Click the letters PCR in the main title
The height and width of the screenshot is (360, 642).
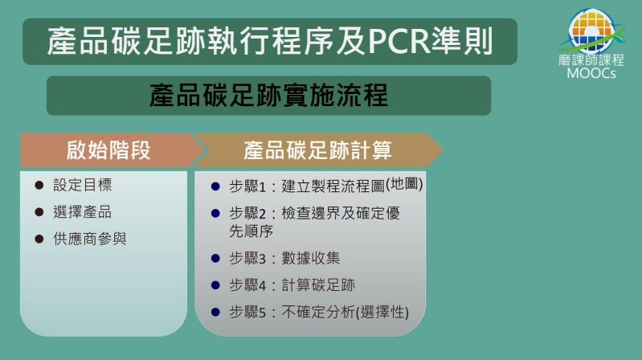click(x=399, y=41)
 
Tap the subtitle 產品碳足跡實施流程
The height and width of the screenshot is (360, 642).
click(x=268, y=95)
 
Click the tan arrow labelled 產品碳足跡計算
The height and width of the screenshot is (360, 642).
click(x=317, y=150)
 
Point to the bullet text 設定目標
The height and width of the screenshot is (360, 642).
click(x=82, y=185)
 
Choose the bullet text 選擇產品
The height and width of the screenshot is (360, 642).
click(x=82, y=212)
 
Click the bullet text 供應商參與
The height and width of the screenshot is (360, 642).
click(x=90, y=239)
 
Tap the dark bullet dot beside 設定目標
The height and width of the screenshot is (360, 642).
click(x=39, y=185)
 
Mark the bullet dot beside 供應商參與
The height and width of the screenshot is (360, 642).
click(x=39, y=239)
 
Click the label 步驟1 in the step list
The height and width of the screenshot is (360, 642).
click(x=247, y=186)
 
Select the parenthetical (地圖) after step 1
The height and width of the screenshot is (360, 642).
click(x=404, y=184)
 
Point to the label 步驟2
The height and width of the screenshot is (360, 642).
click(x=247, y=214)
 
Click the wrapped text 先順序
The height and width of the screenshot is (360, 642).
click(x=251, y=231)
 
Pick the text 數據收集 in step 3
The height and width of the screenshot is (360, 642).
click(x=311, y=258)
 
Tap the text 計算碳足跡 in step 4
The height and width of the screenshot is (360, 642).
click(x=318, y=285)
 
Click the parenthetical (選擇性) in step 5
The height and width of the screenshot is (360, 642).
click(x=382, y=313)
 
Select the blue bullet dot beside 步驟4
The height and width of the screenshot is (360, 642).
click(x=215, y=285)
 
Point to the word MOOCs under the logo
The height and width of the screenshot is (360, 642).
click(x=591, y=73)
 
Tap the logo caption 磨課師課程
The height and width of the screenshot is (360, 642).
click(x=591, y=60)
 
